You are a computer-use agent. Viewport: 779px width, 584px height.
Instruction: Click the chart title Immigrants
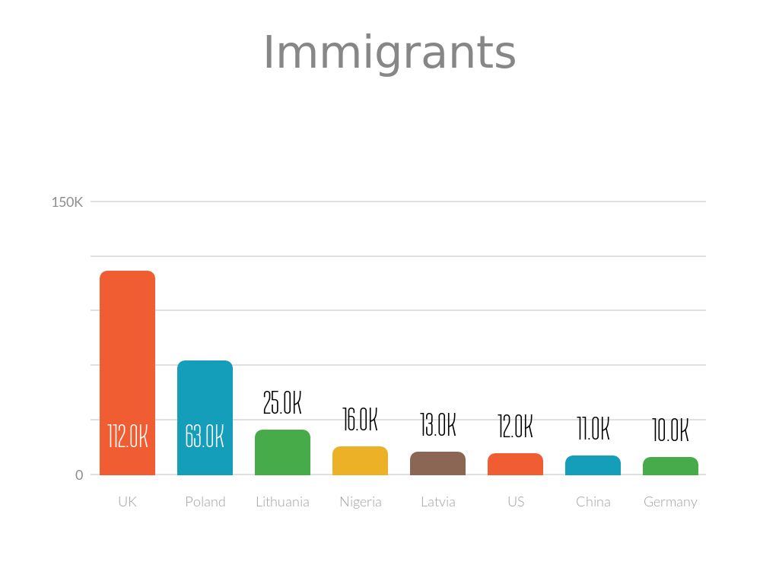coord(389,53)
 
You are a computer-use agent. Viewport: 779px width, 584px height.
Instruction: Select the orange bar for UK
coord(127,350)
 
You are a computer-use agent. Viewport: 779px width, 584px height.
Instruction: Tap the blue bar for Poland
coord(205,395)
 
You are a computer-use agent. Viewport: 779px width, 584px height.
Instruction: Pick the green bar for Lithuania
coord(282,452)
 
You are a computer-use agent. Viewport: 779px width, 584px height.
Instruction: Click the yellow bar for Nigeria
coord(360,461)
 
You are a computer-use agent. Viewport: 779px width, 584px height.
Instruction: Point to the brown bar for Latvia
coord(437,463)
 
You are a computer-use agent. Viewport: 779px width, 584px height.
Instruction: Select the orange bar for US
coord(515,464)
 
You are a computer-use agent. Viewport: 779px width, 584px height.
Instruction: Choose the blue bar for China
coord(593,465)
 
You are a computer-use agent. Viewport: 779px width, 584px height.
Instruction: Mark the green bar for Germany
coord(670,466)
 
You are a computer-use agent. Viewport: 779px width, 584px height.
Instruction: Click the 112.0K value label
coord(127,436)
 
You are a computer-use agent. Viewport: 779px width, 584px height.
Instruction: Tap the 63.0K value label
coord(205,436)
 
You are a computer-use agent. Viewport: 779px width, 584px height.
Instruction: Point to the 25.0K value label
coord(282,403)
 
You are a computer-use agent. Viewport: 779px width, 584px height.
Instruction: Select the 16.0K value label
coord(360,419)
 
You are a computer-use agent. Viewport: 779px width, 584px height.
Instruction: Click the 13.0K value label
coord(437,425)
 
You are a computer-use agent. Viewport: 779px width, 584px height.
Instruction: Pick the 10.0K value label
coord(670,430)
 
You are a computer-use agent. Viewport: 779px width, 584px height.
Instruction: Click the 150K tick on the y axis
coord(67,202)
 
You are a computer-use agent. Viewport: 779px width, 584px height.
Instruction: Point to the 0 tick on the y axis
coord(79,474)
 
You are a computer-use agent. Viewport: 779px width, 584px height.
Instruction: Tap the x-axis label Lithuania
coord(282,502)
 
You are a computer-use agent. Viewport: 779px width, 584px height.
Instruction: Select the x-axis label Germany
coord(670,502)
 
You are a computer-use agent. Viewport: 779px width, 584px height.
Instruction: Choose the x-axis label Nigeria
coord(360,502)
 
